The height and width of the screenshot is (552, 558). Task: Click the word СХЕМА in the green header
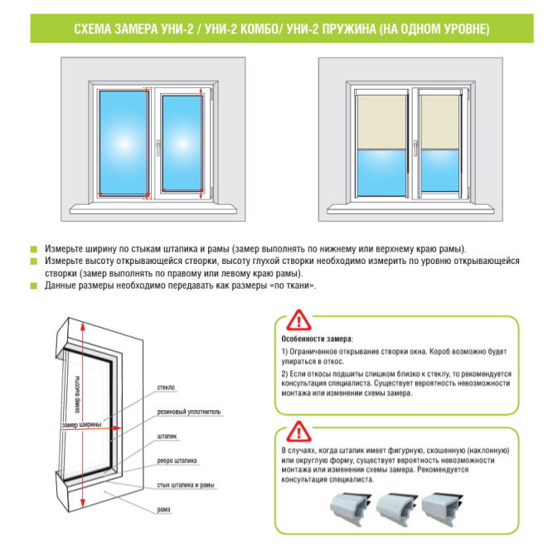click(93, 29)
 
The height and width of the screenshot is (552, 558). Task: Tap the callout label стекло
click(166, 388)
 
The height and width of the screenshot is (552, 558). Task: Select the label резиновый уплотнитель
click(189, 412)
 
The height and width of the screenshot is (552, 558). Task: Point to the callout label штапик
click(167, 436)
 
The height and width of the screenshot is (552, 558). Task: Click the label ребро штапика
click(177, 461)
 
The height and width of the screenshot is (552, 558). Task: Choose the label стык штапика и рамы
click(186, 485)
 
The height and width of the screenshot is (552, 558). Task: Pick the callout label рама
click(163, 510)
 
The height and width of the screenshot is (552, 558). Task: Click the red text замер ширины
click(81, 425)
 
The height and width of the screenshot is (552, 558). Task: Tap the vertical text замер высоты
click(77, 395)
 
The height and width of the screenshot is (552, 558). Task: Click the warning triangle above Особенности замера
click(299, 320)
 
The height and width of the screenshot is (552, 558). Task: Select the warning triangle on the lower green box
click(299, 432)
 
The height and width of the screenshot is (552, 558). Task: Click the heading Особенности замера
click(317, 339)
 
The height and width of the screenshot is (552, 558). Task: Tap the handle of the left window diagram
click(158, 148)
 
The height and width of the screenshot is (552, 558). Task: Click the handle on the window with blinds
click(415, 148)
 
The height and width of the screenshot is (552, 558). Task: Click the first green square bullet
click(34, 249)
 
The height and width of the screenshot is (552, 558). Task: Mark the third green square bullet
click(34, 286)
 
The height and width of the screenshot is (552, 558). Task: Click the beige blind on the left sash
click(381, 122)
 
